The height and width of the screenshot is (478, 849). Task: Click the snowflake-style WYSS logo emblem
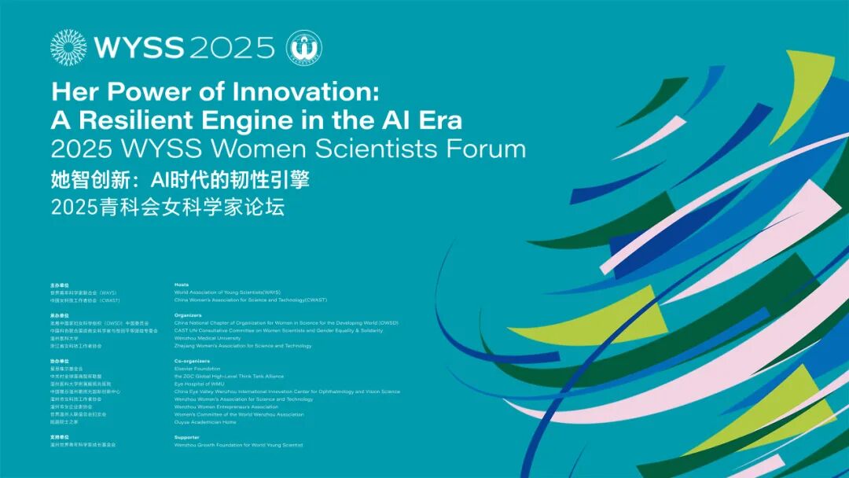(x=68, y=47)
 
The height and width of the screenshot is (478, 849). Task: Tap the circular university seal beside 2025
(x=303, y=47)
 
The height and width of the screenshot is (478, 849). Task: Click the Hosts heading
(x=182, y=284)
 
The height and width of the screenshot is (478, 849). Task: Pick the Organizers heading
(x=189, y=315)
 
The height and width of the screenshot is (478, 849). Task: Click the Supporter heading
(x=187, y=437)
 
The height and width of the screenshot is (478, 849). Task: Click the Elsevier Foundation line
(x=197, y=369)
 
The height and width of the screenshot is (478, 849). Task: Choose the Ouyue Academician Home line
(x=205, y=422)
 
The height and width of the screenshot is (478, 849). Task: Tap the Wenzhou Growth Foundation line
(x=238, y=445)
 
